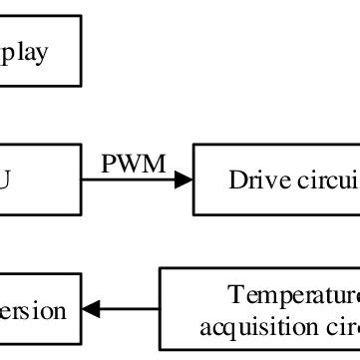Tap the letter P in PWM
click(x=110, y=163)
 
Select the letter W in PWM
click(x=131, y=163)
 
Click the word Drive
click(x=254, y=181)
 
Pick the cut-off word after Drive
click(x=318, y=181)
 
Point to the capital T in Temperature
click(x=233, y=294)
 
